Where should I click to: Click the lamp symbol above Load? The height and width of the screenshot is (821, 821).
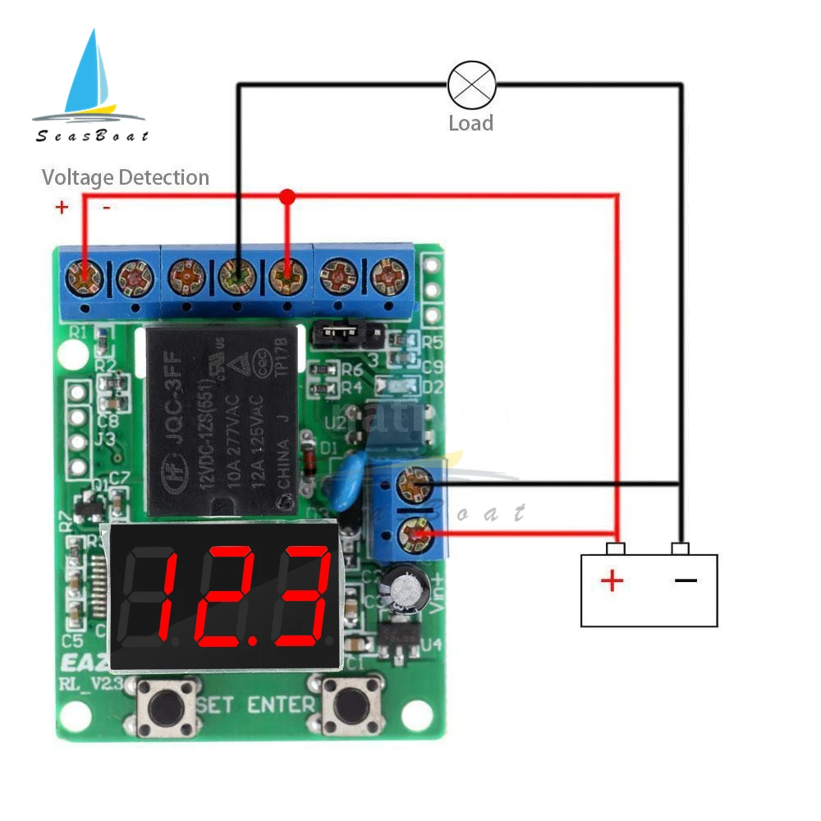pyautogui.click(x=471, y=84)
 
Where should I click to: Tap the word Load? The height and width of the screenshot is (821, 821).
pyautogui.click(x=470, y=124)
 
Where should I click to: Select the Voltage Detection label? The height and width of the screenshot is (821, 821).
pyautogui.click(x=126, y=177)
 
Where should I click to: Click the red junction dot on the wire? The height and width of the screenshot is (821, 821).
pyautogui.click(x=287, y=196)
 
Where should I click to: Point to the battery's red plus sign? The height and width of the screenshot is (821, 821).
pyautogui.click(x=612, y=581)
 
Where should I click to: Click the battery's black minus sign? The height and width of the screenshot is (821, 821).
pyautogui.click(x=686, y=580)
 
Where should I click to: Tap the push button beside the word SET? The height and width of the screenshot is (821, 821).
pyautogui.click(x=167, y=706)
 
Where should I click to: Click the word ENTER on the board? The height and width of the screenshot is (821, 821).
pyautogui.click(x=281, y=704)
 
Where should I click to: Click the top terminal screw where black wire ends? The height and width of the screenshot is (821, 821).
pyautogui.click(x=236, y=277)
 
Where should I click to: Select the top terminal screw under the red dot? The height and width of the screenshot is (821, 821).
pyautogui.click(x=287, y=277)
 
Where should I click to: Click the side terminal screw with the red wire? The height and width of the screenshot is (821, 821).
pyautogui.click(x=415, y=536)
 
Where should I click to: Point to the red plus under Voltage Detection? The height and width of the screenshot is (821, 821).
pyautogui.click(x=62, y=207)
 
